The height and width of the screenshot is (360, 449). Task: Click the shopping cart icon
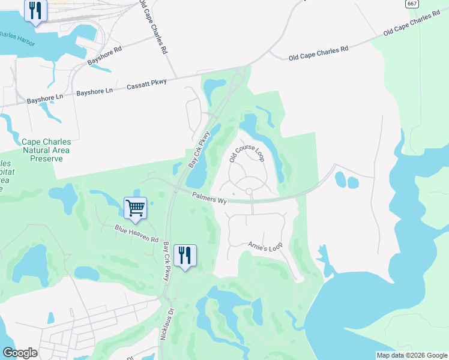pyautogui.click(x=135, y=208)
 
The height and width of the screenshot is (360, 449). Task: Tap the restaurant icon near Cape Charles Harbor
pyautogui.click(x=35, y=10)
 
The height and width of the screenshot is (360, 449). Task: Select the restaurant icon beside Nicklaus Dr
pyautogui.click(x=185, y=256)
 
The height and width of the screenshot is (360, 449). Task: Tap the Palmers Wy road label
pyautogui.click(x=209, y=197)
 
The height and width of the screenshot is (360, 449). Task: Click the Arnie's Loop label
pyautogui.click(x=265, y=247)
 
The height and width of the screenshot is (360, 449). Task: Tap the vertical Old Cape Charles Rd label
pyautogui.click(x=152, y=27)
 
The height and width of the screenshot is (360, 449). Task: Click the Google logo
pyautogui.click(x=20, y=352)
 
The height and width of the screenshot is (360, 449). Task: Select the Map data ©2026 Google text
pyautogui.click(x=412, y=355)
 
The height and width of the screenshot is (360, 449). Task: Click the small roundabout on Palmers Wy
pyautogui.click(x=249, y=191)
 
